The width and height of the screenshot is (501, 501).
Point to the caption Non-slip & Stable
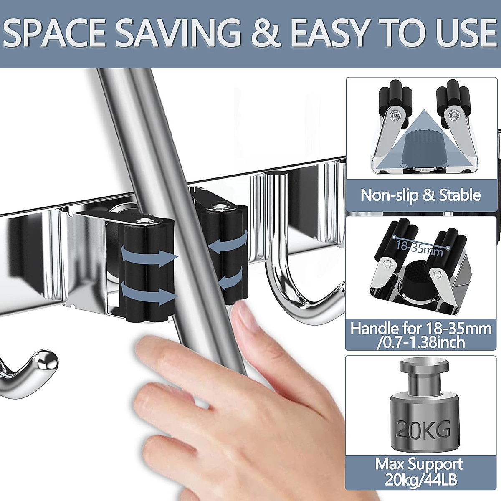pos(421,195)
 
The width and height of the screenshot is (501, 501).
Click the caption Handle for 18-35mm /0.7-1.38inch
pos(421,335)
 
